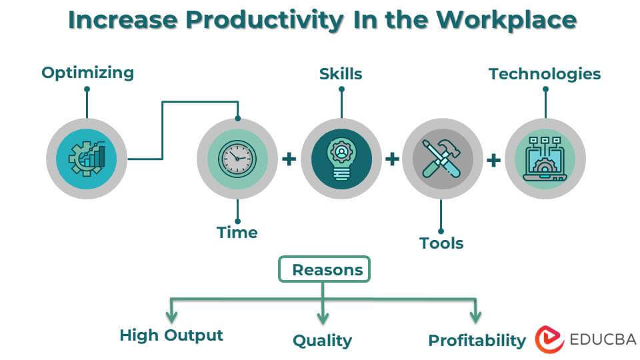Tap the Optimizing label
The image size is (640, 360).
[87, 73]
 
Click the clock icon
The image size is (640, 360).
[237, 159]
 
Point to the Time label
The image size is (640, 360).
[237, 232]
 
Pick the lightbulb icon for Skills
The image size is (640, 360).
[341, 159]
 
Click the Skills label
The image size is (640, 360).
[341, 73]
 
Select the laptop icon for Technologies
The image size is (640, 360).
[545, 159]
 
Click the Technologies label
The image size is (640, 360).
[545, 74]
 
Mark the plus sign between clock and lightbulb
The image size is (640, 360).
[289, 159]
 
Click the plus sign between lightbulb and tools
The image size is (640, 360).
[392, 159]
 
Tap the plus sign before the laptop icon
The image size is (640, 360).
[494, 159]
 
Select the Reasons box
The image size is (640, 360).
[324, 269]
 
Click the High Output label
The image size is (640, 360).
[171, 335]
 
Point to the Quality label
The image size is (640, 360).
[322, 341]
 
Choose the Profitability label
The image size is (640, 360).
[477, 341]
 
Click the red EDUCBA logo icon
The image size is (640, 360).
[549, 339]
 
